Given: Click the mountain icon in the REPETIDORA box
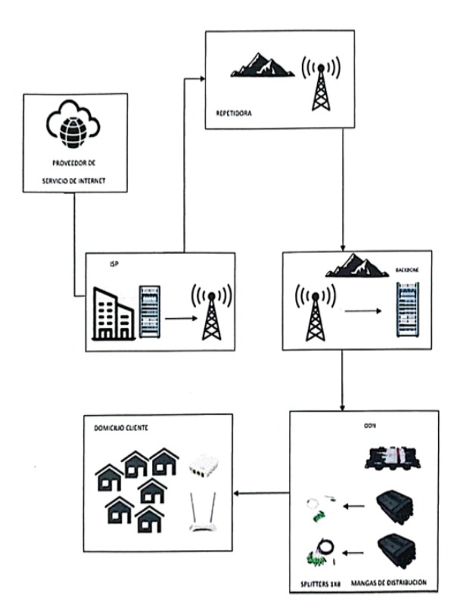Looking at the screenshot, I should [262, 64].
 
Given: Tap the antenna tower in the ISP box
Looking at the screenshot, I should [211, 312].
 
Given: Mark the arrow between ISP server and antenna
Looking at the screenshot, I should [179, 318].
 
